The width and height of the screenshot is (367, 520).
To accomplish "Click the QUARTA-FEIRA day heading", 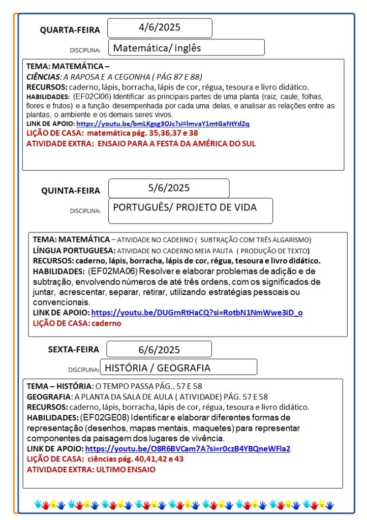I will [70, 30].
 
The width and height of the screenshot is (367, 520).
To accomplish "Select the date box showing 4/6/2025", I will [160, 28].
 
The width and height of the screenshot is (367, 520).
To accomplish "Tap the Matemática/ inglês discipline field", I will [186, 48].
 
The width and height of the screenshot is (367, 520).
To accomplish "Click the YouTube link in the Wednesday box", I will [163, 124].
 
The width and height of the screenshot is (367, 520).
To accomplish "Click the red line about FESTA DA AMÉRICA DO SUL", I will [141, 143].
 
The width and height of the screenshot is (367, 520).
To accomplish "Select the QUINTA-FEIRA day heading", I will [71, 191].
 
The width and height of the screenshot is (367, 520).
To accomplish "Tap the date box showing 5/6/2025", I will [169, 188].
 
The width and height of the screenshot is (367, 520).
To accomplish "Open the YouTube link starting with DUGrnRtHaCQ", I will [197, 313].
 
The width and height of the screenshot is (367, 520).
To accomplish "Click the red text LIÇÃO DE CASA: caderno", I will [77, 323].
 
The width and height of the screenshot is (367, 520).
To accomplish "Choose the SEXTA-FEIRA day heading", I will [74, 349].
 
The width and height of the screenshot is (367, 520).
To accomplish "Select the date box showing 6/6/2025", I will [159, 349].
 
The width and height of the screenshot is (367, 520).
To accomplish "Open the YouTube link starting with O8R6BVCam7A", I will [188, 449].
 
